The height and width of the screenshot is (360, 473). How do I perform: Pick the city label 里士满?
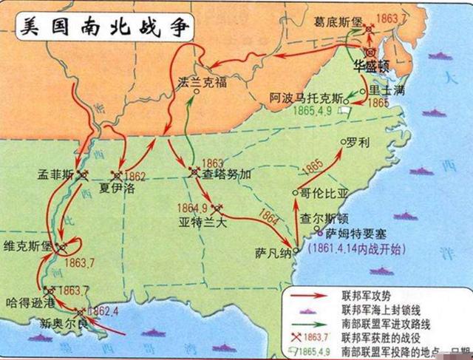point(387,88)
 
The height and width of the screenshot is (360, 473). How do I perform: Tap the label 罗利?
point(360,141)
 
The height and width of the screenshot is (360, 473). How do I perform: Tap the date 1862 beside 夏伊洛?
point(137,176)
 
